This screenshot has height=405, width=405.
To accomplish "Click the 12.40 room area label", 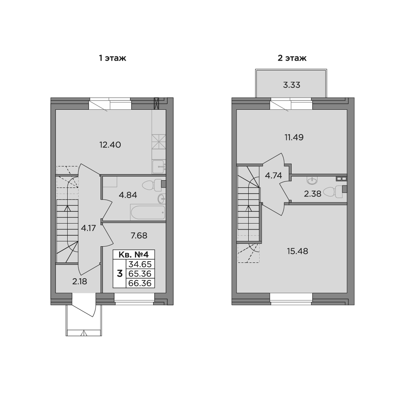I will pyautogui.click(x=110, y=144).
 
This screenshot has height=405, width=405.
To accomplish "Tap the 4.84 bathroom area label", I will pyautogui.click(x=128, y=194).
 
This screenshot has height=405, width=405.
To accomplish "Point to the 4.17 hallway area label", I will pyautogui.click(x=88, y=228).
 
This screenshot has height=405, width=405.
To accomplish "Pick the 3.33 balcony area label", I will pyautogui.click(x=291, y=85).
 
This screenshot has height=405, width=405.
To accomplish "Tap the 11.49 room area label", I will pyautogui.click(x=294, y=137).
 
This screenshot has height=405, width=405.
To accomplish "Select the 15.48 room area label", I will pyautogui.click(x=297, y=251).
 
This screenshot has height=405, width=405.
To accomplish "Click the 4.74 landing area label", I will pyautogui.click(x=274, y=175).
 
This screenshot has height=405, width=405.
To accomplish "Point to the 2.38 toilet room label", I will pyautogui.click(x=313, y=194).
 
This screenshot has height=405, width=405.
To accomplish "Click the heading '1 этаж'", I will pyautogui.click(x=113, y=59).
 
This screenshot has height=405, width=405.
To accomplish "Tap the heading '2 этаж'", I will pyautogui.click(x=292, y=59).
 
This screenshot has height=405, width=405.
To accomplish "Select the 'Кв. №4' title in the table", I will pyautogui.click(x=134, y=255).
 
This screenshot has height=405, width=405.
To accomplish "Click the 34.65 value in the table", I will pyautogui.click(x=140, y=264).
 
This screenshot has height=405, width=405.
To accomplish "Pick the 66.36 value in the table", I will pyautogui.click(x=140, y=283).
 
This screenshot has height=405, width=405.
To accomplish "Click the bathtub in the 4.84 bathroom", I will pyautogui.click(x=148, y=212).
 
